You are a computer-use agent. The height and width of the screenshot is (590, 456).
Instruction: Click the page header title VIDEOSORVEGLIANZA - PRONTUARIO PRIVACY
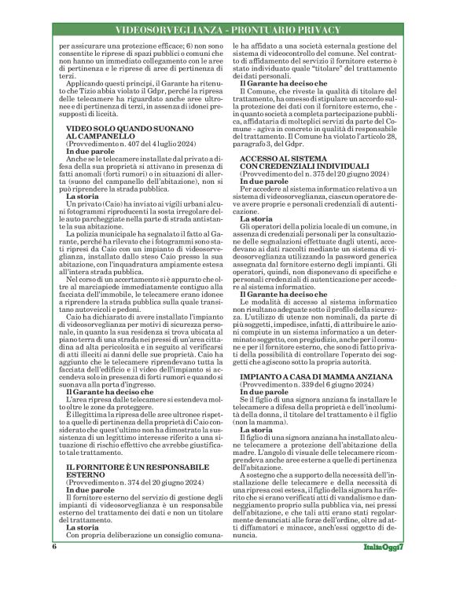coord(228,30)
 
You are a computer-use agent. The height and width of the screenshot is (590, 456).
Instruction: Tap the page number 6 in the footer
coord(54,568)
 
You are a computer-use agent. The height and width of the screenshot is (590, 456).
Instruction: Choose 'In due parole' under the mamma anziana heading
coord(263,395)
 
